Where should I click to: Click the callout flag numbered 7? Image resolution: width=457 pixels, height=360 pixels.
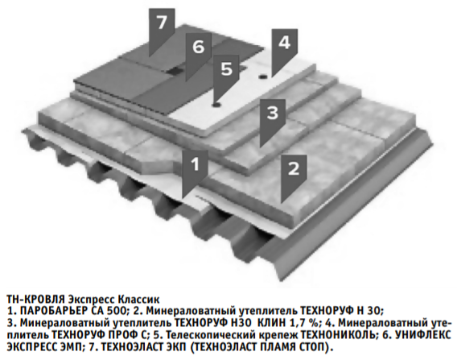162,29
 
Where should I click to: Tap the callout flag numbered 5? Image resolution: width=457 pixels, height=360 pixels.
226,76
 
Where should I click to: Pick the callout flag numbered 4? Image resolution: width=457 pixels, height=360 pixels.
284,50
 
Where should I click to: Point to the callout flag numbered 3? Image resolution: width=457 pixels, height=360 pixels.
273,120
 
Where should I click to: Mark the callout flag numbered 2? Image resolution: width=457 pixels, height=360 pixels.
294,176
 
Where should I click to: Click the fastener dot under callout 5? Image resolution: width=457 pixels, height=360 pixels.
216,105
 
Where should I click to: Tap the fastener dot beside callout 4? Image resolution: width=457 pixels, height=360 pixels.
263,77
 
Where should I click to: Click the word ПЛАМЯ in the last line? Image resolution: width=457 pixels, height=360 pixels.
272,347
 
